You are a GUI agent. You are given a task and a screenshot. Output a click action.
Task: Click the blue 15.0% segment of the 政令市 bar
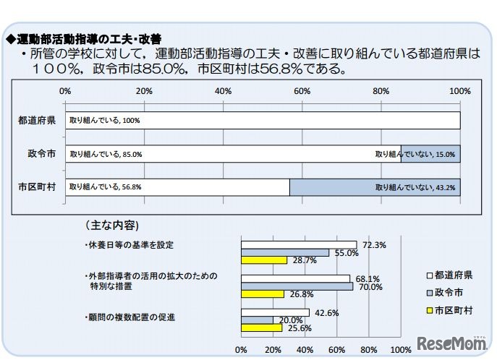click(430, 153)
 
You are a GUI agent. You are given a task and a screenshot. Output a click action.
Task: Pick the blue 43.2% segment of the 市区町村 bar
click(375, 187)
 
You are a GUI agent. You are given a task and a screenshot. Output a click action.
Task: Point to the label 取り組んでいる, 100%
click(104, 121)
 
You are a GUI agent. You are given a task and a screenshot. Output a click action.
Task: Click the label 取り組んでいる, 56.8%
click(106, 187)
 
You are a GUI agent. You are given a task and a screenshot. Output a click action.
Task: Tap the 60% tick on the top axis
click(302, 91)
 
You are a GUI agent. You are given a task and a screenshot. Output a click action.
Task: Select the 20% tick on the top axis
click(144, 91)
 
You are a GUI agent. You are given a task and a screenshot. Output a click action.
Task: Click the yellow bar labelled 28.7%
click(264, 260)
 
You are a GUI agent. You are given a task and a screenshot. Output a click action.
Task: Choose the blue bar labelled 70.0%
click(297, 286)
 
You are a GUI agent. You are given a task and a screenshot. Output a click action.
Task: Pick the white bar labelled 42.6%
click(275, 312)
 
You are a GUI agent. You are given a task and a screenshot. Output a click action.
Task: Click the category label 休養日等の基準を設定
click(129, 244)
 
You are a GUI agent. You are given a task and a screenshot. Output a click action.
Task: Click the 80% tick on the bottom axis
click(368, 349)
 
